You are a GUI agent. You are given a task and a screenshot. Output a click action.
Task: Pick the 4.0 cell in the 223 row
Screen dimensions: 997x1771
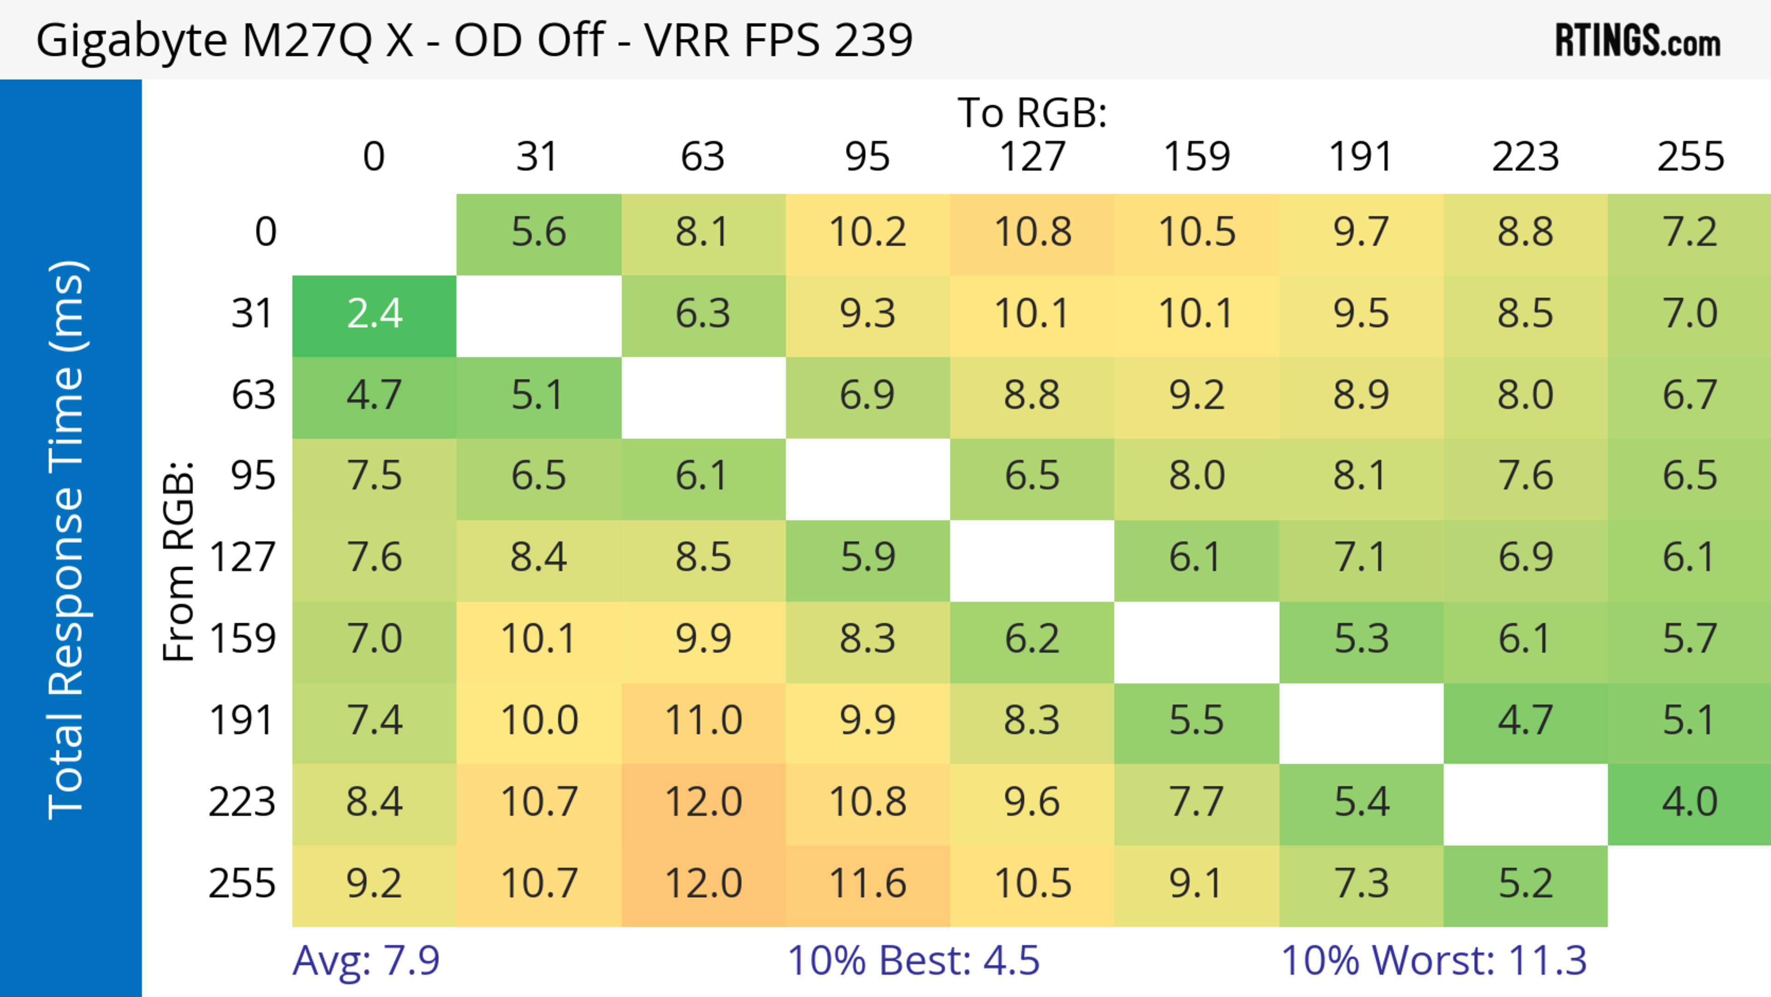(1689, 802)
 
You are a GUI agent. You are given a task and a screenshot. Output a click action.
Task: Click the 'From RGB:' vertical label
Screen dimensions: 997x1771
(178, 561)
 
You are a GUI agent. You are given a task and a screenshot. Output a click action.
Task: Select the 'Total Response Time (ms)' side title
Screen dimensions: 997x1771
(67, 540)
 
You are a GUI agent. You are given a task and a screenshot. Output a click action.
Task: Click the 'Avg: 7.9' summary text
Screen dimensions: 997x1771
(366, 961)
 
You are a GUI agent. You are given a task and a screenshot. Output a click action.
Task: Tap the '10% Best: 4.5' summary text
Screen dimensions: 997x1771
(913, 961)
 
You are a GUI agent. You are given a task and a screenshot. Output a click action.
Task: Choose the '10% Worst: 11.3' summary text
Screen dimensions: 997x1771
(1433, 961)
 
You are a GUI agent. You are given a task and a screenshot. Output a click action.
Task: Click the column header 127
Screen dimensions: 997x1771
(1032, 157)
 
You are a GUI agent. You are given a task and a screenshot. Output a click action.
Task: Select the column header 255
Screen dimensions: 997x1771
(1690, 157)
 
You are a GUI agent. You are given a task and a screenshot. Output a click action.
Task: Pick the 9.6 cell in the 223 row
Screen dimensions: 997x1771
(1032, 802)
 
